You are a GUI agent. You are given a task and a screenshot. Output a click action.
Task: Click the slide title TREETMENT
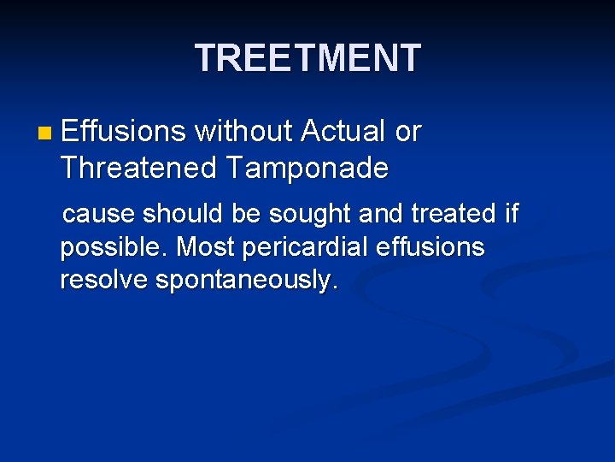(307, 58)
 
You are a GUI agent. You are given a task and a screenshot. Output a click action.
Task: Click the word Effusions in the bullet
(124, 131)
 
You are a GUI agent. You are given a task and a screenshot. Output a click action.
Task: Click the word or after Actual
(408, 132)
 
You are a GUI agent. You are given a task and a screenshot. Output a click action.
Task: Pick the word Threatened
(138, 169)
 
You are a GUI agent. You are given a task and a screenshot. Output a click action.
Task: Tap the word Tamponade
(307, 169)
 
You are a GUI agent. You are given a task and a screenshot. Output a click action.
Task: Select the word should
(184, 212)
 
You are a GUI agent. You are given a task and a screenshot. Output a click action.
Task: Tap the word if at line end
(511, 212)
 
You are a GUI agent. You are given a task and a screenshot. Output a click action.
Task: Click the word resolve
(104, 281)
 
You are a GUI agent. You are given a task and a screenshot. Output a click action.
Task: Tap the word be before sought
(245, 212)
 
